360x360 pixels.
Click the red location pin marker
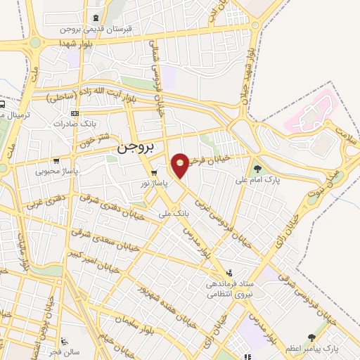click(181, 165)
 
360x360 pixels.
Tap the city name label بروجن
click(133, 148)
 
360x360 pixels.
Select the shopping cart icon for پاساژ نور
click(153, 172)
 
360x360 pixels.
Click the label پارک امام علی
click(257, 179)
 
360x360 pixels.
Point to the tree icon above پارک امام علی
click(257, 168)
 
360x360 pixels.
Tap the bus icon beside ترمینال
click(3, 106)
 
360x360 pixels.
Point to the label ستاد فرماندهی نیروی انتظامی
click(229, 290)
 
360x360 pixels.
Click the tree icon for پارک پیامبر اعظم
click(311, 338)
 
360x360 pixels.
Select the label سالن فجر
click(64, 350)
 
